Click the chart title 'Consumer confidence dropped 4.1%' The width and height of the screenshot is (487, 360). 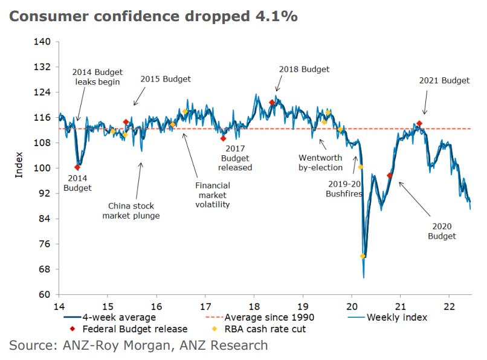coord(153,16)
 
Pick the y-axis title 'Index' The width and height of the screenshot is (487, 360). coord(19,168)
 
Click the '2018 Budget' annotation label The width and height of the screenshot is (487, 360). coord(304,69)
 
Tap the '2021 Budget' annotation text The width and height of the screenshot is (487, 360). coord(443,80)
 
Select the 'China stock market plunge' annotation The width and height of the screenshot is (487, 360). coord(131,210)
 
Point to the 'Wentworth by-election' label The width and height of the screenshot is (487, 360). coord(320,162)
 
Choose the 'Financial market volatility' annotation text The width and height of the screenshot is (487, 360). coord(212,195)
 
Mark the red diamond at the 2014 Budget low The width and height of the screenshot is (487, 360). coord(77,167)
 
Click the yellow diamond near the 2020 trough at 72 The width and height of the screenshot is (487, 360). coord(363,256)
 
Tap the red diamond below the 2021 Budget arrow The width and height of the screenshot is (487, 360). coord(419,124)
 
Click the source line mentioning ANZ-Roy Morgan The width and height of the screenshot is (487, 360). coord(138,346)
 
